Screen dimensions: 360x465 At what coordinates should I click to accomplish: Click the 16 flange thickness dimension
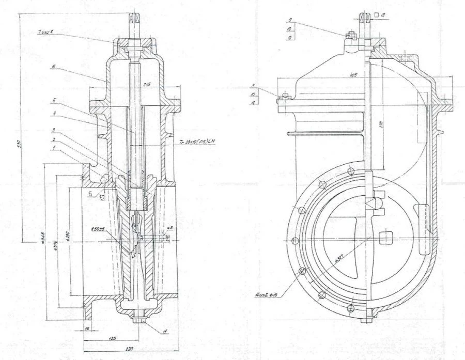pos(88,328)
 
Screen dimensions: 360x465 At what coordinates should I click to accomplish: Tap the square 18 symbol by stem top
pos(380,16)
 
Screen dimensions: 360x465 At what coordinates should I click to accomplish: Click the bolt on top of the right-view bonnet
pos(350,35)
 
